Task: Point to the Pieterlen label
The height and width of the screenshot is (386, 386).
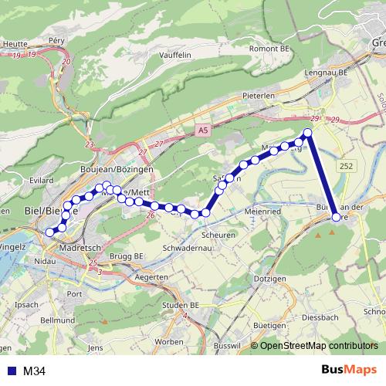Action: (259, 96)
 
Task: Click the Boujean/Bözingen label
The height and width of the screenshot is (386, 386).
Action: (117, 168)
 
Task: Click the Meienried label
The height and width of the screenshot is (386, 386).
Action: (262, 210)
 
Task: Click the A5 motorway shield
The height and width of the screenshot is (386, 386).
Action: (202, 131)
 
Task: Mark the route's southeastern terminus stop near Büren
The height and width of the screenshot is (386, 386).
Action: (336, 218)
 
